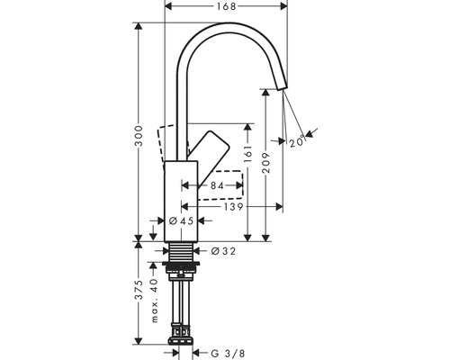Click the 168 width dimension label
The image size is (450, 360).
click(227, 8)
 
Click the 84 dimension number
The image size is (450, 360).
click(215, 186)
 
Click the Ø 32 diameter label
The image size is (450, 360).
click(224, 251)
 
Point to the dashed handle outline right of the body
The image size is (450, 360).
click(230, 184)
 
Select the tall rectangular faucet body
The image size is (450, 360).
click(182, 197)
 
